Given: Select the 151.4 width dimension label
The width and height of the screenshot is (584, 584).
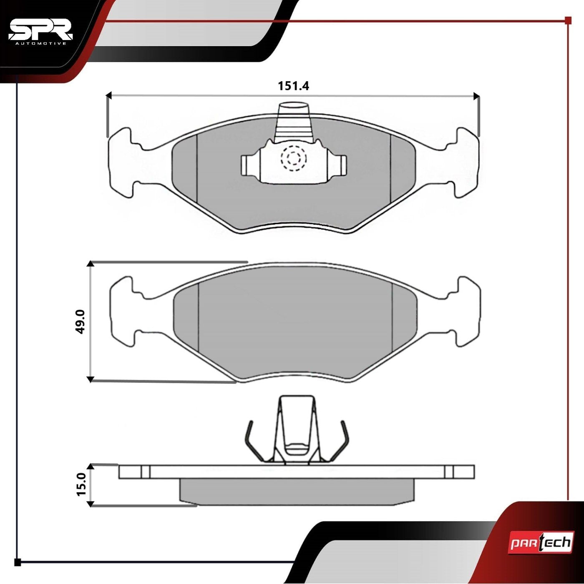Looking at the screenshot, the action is [293, 86].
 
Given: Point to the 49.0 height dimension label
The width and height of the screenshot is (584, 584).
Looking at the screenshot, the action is [81, 321].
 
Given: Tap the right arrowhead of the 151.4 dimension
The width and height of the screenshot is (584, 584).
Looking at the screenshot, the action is [477, 96].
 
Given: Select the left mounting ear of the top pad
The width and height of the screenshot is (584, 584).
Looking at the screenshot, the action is [121, 163].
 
